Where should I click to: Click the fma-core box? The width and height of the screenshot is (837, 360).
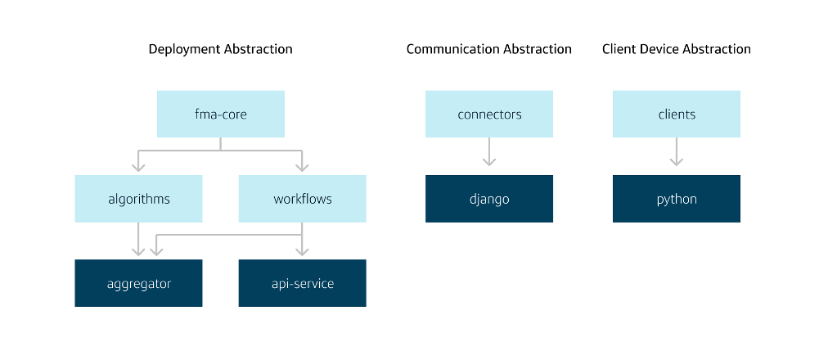pyautogui.click(x=220, y=114)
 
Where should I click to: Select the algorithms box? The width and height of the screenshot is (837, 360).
pyautogui.click(x=138, y=199)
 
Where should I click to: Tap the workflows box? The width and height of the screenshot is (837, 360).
pyautogui.click(x=302, y=199)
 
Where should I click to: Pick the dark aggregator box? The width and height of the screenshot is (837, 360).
pyautogui.click(x=138, y=283)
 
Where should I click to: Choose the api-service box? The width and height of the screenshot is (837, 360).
pyautogui.click(x=302, y=283)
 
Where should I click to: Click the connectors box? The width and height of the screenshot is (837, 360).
pyautogui.click(x=488, y=114)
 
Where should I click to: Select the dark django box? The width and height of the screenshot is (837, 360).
pyautogui.click(x=488, y=199)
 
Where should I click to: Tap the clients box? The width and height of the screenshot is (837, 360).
pyautogui.click(x=676, y=114)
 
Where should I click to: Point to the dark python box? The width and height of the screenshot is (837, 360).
pyautogui.click(x=676, y=199)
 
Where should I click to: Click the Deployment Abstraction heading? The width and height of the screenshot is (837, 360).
pyautogui.click(x=220, y=49)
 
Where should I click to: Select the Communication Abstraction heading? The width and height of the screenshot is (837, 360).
pyautogui.click(x=488, y=49)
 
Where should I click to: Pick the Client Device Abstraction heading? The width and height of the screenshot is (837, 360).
pyautogui.click(x=676, y=49)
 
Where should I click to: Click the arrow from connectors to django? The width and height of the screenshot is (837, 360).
pyautogui.click(x=488, y=152)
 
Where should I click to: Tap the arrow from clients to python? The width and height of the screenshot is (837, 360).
pyautogui.click(x=676, y=152)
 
